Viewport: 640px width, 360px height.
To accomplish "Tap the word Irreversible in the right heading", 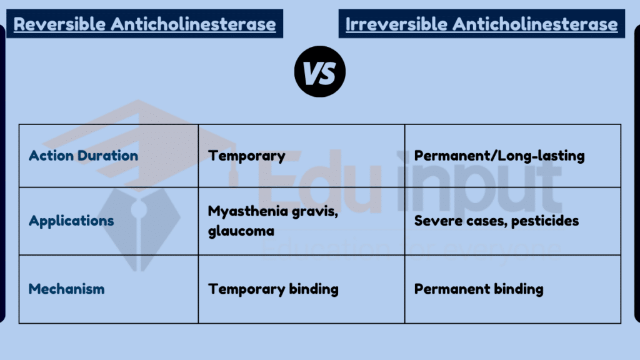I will [x=396, y=24].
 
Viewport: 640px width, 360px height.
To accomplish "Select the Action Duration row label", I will [x=83, y=156].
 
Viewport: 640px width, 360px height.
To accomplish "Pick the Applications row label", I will [x=71, y=221].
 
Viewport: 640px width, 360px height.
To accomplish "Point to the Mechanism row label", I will [x=66, y=289].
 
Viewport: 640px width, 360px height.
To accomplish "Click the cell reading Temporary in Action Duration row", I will [x=246, y=156].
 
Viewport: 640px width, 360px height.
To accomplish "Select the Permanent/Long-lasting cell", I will [x=499, y=156].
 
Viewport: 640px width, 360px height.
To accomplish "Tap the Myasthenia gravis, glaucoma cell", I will [x=273, y=221].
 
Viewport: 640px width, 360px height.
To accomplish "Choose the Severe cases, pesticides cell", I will [x=496, y=221].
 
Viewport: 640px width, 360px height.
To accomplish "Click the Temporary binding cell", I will [x=273, y=289].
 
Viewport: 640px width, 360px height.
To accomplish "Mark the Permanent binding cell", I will [x=478, y=289].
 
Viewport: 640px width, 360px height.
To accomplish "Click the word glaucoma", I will [x=241, y=231].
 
